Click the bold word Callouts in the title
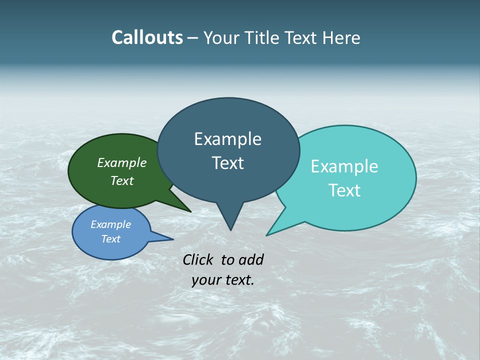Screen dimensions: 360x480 point(147,37)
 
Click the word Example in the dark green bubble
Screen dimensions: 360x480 point(122,163)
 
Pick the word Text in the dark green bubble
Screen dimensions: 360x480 point(122,181)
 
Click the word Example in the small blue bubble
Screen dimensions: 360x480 point(110,224)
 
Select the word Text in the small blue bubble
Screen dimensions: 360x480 point(110,239)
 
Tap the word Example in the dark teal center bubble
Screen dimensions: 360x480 point(227,139)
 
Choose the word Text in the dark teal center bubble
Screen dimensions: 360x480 point(227,163)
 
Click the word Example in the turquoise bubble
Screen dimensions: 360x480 point(344,166)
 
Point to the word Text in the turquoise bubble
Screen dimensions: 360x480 point(344,190)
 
